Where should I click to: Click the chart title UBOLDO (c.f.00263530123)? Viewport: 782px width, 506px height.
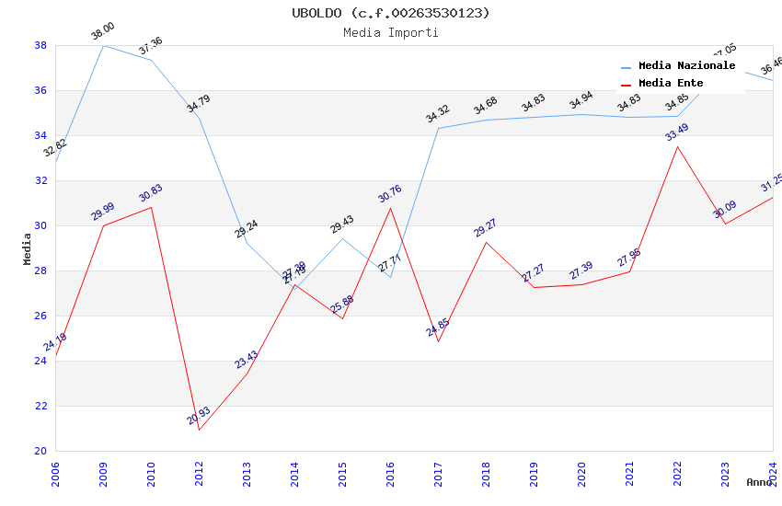(391, 13)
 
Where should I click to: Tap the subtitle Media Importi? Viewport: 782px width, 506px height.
(391, 32)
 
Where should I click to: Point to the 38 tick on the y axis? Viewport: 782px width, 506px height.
(40, 45)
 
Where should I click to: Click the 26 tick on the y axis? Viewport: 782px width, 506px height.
(40, 316)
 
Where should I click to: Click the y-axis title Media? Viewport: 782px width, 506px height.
(28, 248)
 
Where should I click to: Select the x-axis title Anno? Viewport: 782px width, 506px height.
(759, 482)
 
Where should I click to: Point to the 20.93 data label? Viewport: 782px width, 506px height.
(199, 416)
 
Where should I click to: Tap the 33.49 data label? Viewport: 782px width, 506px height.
(677, 132)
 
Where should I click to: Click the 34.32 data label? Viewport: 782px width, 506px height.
(438, 114)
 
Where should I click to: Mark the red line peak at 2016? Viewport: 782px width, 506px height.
(390, 208)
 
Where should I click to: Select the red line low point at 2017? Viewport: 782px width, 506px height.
(438, 341)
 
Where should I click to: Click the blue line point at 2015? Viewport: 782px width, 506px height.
(342, 238)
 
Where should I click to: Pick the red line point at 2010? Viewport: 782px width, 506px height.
(151, 207)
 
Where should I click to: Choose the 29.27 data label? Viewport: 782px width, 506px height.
(486, 228)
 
